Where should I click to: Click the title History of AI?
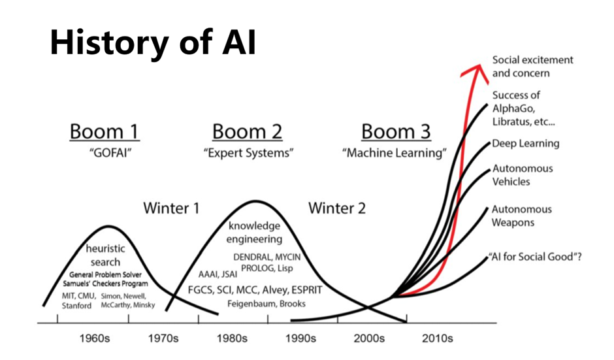tap(153, 42)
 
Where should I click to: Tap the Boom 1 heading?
tap(105, 131)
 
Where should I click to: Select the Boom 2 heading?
tap(247, 131)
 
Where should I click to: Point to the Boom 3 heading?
tap(396, 131)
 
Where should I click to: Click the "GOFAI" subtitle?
tap(110, 153)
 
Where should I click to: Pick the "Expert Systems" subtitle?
tap(248, 153)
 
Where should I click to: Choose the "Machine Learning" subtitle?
tap(395, 153)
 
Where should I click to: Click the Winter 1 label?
tap(171, 208)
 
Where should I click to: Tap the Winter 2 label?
tap(337, 208)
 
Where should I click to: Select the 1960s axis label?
tap(95, 338)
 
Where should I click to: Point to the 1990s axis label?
tap(300, 338)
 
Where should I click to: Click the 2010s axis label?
tap(438, 338)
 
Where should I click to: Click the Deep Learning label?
tap(526, 143)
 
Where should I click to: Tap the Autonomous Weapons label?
tap(522, 216)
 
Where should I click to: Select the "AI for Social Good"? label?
tap(535, 257)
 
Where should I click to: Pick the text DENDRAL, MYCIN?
tap(267, 257)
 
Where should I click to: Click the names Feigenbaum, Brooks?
tap(267, 304)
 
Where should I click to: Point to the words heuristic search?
tap(105, 255)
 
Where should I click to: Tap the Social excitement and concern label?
tap(532, 67)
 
